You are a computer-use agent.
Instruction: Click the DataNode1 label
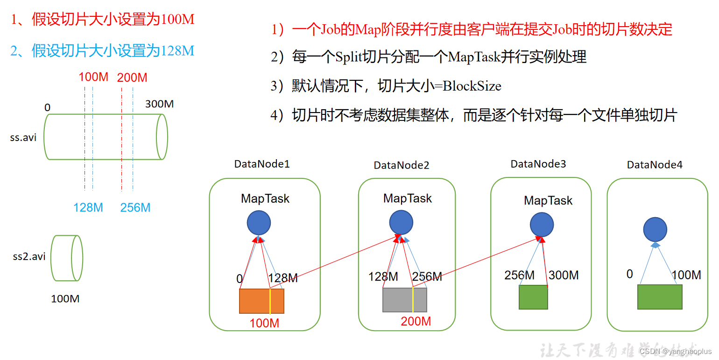[262, 164]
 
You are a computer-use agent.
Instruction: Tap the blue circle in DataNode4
[655, 229]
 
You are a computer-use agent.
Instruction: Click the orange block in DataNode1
[261, 301]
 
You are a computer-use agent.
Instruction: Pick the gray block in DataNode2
[405, 300]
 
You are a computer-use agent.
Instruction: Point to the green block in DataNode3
[533, 297]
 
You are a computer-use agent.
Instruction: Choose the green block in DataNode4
[660, 297]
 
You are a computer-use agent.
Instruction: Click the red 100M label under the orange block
[264, 323]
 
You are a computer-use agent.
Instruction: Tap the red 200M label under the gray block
[416, 321]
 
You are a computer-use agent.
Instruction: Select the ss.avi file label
[23, 138]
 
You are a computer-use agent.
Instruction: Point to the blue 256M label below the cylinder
[135, 207]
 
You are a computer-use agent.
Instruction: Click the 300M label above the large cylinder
[159, 104]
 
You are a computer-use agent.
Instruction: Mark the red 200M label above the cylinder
[132, 78]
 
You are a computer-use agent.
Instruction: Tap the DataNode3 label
[538, 164]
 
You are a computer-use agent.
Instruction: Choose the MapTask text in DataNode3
[548, 201]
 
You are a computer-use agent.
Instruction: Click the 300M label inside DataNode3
[564, 275]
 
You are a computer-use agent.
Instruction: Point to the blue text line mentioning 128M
[102, 50]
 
